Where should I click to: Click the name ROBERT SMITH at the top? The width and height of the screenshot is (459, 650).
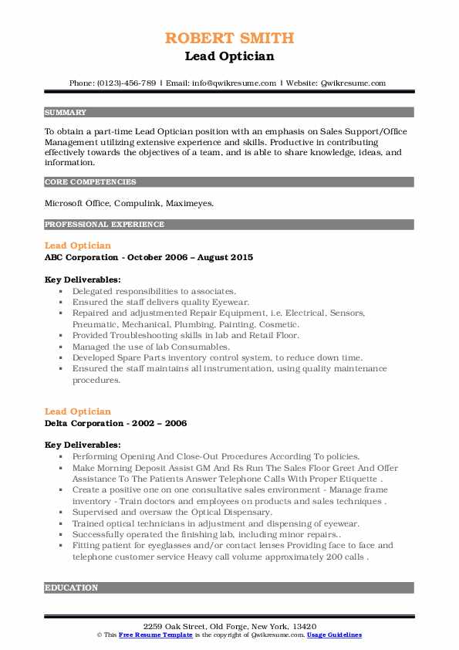[x=229, y=38]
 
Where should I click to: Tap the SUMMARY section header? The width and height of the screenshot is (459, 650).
[x=66, y=112]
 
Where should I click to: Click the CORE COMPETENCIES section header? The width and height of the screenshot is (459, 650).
[x=90, y=182]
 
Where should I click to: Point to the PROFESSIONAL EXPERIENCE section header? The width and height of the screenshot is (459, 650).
[x=104, y=225]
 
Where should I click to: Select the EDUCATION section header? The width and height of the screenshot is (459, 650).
[x=72, y=587]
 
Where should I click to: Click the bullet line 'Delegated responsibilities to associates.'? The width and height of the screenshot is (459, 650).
[x=154, y=292]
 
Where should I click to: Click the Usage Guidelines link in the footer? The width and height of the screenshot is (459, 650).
[x=334, y=635]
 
